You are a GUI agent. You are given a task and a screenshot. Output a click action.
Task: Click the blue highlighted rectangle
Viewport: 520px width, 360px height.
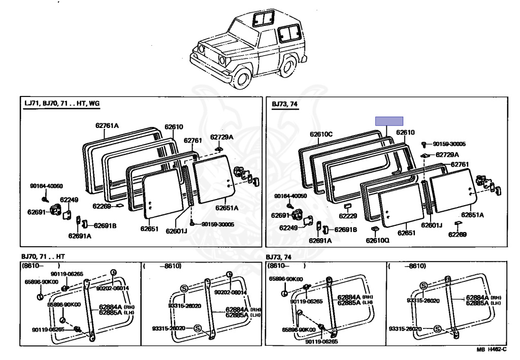pos(389,121)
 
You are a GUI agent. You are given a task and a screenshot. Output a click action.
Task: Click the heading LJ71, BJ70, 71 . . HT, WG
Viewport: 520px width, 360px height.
pos(62,104)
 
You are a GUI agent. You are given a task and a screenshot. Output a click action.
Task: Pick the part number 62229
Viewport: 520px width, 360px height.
pos(348,216)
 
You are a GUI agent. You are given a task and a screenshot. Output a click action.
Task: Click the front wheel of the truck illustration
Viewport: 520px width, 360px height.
pos(243,78)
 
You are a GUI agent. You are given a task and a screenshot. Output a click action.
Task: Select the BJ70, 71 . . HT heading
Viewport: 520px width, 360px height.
pos(45,257)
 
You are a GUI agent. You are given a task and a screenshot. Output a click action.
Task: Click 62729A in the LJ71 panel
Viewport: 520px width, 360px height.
pos(221,137)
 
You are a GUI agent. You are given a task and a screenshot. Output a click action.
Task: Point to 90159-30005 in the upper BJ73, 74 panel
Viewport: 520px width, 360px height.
pos(449,144)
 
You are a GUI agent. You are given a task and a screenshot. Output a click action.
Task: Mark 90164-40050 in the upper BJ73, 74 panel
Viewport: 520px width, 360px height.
pos(290,196)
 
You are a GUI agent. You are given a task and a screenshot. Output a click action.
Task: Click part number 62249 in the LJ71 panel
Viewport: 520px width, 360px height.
pos(69,200)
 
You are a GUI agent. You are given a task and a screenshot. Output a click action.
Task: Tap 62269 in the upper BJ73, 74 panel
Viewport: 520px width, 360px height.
pos(458,234)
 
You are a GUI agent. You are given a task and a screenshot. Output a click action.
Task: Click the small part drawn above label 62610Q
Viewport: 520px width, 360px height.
pos(375,230)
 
